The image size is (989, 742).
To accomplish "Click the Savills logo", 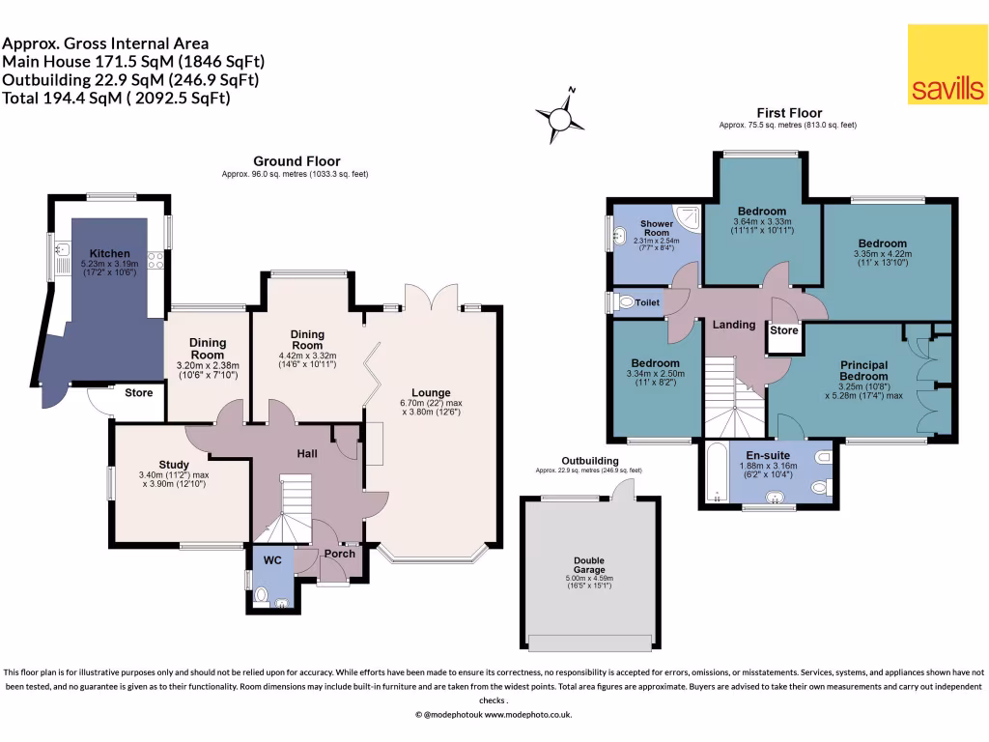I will [947, 65].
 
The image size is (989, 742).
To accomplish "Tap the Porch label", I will [339, 554].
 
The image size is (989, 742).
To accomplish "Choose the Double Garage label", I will [589, 565].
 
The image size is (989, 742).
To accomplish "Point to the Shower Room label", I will [656, 228].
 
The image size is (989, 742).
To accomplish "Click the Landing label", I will [734, 325].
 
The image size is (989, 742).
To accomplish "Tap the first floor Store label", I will [784, 330].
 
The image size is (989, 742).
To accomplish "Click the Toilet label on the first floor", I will [648, 302].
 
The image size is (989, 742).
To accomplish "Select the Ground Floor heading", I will [296, 161].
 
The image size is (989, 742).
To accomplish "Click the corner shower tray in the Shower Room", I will [688, 214].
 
